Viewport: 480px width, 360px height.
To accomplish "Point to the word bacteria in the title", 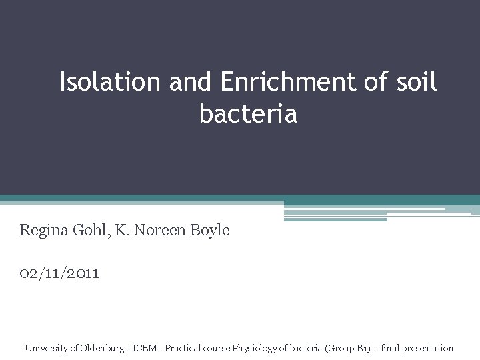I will tap(248, 114).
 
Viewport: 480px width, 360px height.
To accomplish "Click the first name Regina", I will tap(44, 231).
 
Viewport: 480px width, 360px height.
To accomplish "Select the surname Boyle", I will tap(210, 231).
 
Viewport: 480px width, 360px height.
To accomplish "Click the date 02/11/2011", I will tap(59, 273).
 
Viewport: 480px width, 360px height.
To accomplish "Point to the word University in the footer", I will tap(47, 348).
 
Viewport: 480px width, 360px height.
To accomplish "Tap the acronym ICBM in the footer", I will tap(145, 348).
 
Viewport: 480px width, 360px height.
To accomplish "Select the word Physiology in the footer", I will tap(255, 348).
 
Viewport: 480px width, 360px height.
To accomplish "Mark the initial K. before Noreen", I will tap(122, 231).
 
